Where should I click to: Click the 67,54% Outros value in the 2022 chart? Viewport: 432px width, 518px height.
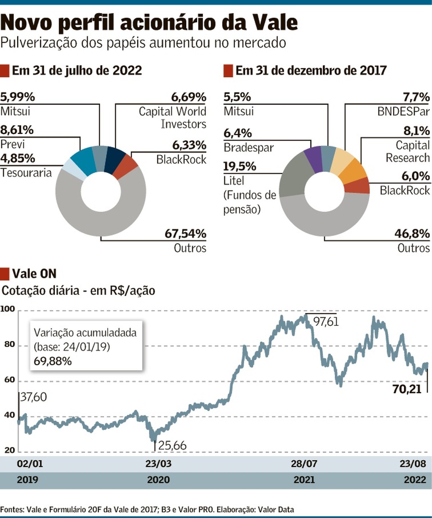click(x=185, y=234)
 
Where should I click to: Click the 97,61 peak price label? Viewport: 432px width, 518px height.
click(x=326, y=321)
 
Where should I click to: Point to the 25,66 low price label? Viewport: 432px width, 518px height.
click(x=172, y=446)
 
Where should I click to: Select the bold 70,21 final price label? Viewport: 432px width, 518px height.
click(x=407, y=389)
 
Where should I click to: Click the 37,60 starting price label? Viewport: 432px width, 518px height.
click(x=33, y=397)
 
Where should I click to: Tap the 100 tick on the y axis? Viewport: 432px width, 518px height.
click(x=8, y=309)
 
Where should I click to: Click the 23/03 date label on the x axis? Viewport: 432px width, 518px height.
click(x=158, y=464)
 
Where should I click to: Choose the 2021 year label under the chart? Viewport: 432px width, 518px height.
click(x=304, y=480)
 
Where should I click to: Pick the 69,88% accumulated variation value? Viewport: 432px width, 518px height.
click(x=53, y=361)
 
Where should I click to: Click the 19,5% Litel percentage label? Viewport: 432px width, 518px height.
click(x=240, y=167)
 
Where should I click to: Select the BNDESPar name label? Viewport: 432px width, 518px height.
click(x=403, y=111)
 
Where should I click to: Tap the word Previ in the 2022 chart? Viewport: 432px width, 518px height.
click(x=13, y=144)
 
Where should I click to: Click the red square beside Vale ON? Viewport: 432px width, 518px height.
click(x=5, y=274)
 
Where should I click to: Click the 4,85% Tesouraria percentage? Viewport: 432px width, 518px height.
click(x=18, y=158)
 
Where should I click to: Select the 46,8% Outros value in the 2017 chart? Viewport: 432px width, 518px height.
click(x=412, y=234)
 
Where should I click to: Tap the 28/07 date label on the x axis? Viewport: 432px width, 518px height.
click(x=304, y=464)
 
